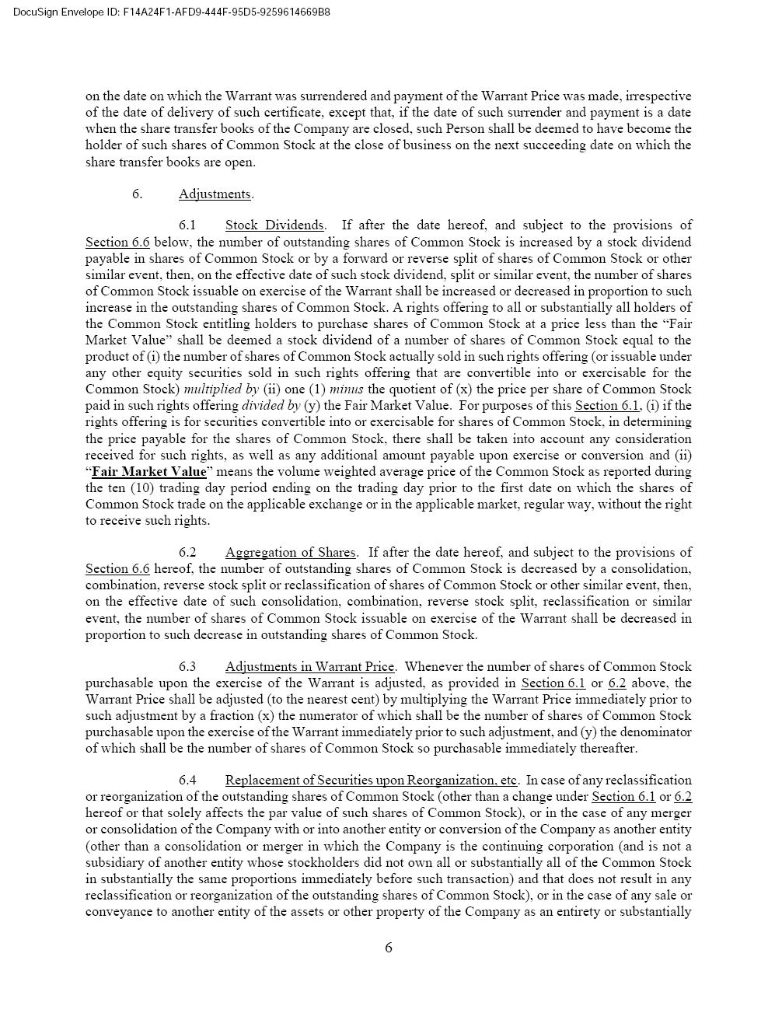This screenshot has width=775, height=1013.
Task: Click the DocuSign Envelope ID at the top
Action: [x=171, y=12]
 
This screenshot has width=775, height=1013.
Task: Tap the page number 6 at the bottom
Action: [x=389, y=947]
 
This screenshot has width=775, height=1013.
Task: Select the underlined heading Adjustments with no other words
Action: [x=215, y=194]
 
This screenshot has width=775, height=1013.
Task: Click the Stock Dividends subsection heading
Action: [x=274, y=225]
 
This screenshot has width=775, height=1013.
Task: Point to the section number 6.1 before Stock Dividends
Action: [x=187, y=225]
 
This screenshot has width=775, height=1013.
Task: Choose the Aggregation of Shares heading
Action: [x=290, y=552]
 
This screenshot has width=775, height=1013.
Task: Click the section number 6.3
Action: [x=187, y=666]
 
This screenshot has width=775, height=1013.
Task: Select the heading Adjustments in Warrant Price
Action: [x=309, y=666]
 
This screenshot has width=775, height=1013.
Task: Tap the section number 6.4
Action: [x=187, y=780]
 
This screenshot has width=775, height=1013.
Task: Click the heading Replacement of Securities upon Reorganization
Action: [x=371, y=780]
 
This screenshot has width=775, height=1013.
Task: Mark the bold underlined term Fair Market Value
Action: [x=149, y=471]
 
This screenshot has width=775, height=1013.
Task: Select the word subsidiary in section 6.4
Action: [x=117, y=862]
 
